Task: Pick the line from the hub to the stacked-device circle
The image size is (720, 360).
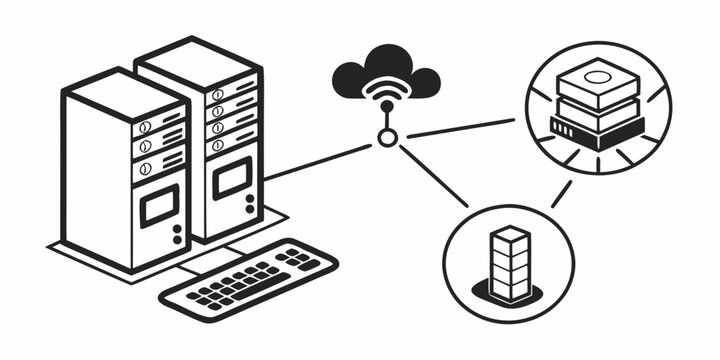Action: (x=460, y=127)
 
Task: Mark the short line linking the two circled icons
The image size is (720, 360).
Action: (x=561, y=192)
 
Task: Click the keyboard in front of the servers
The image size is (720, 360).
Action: (x=250, y=278)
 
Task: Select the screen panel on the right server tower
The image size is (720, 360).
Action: (x=231, y=177)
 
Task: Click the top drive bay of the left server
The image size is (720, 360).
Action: (x=160, y=124)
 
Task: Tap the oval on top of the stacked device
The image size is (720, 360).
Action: (x=598, y=75)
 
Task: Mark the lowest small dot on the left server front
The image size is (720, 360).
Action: (x=177, y=240)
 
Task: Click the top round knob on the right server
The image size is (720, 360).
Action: (x=217, y=95)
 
